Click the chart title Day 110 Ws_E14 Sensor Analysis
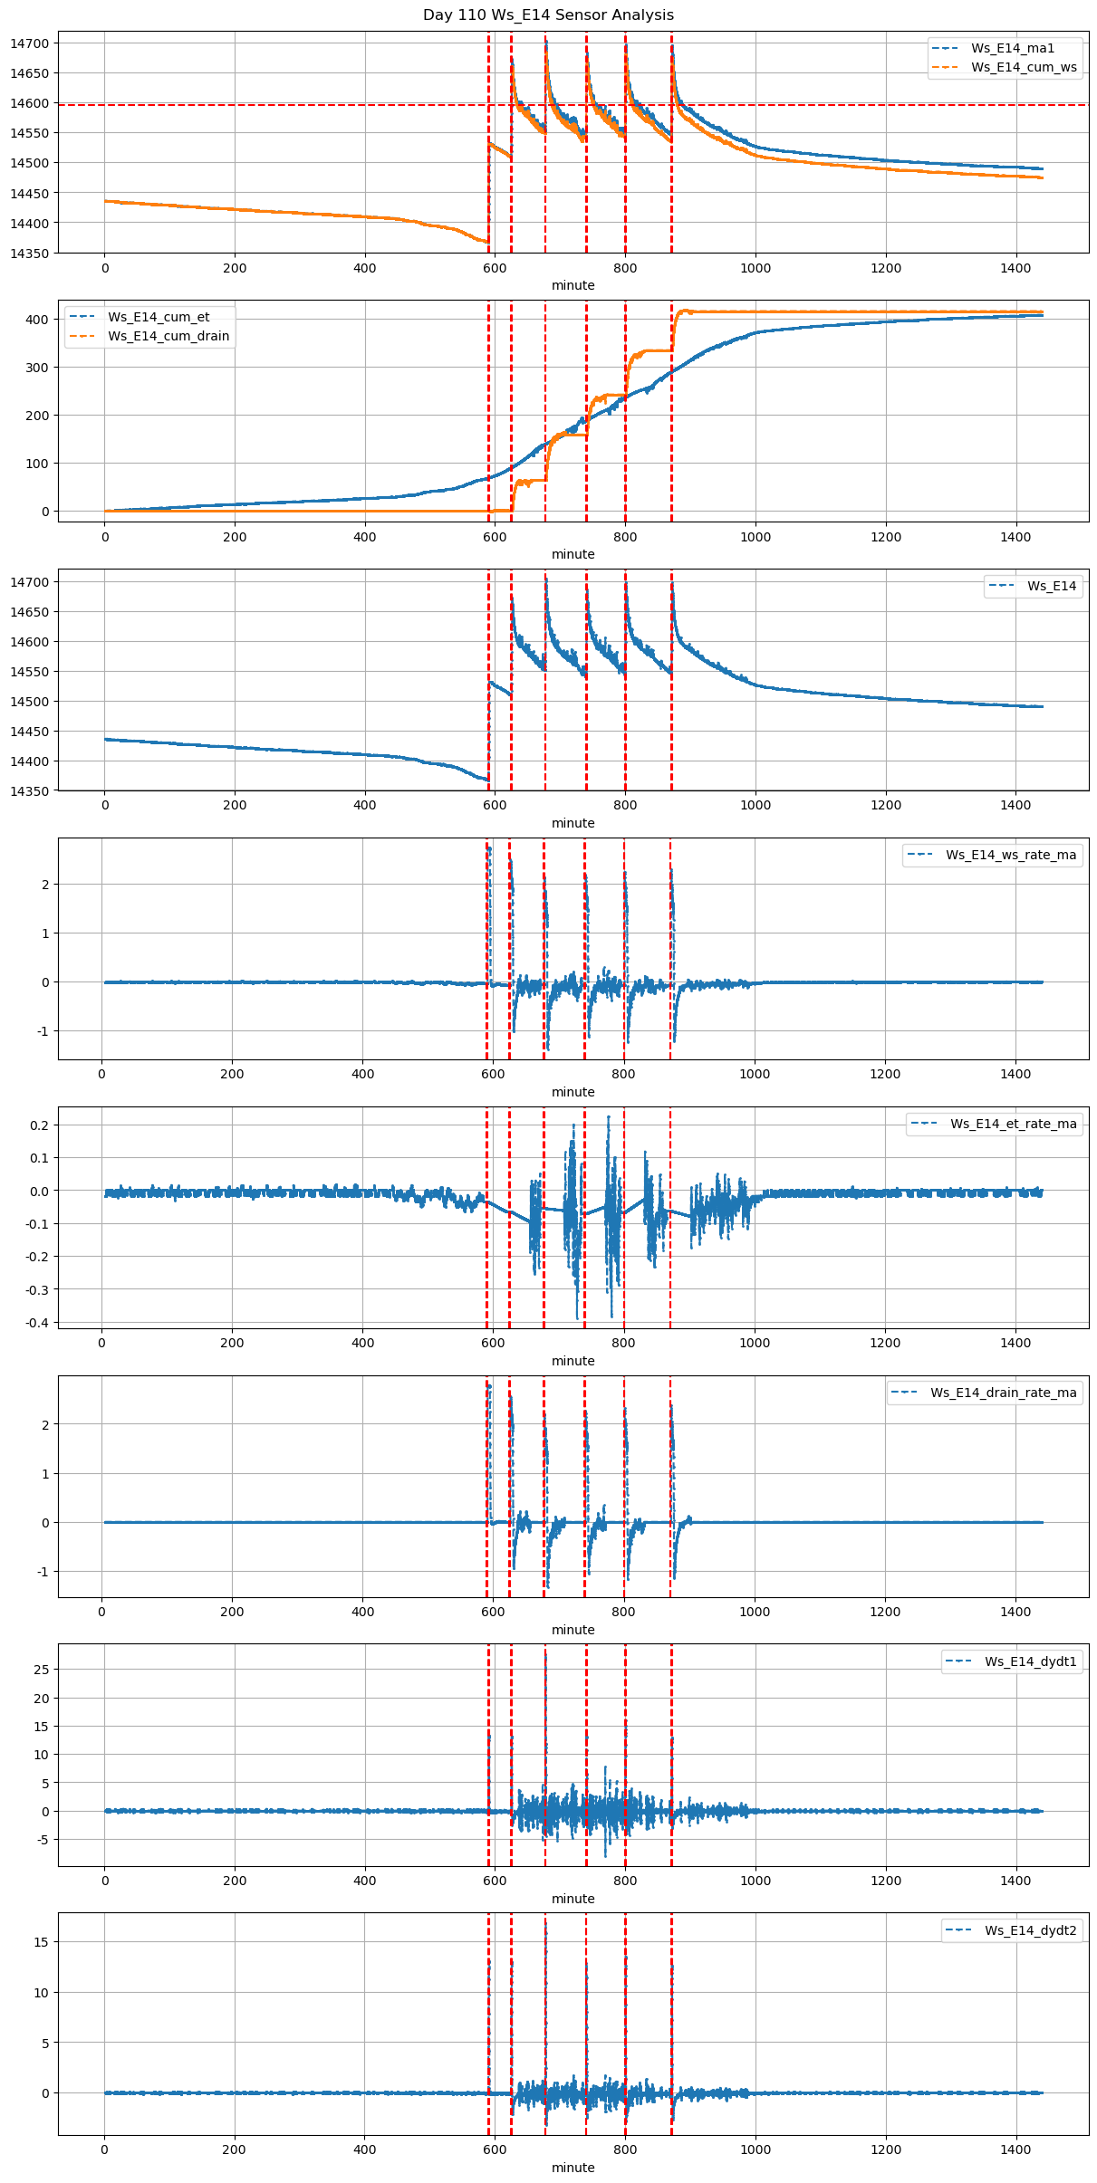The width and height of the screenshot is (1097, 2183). pos(548,14)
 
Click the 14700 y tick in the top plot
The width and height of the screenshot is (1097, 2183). pos(31,43)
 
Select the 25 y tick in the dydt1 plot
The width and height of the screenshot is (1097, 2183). pos(42,1670)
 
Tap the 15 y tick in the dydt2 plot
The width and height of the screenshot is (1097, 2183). pos(42,1942)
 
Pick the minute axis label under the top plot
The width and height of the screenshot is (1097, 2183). pos(573,285)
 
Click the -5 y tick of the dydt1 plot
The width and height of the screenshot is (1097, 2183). pos(42,1840)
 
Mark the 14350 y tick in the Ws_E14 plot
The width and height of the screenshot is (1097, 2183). pos(31,791)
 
